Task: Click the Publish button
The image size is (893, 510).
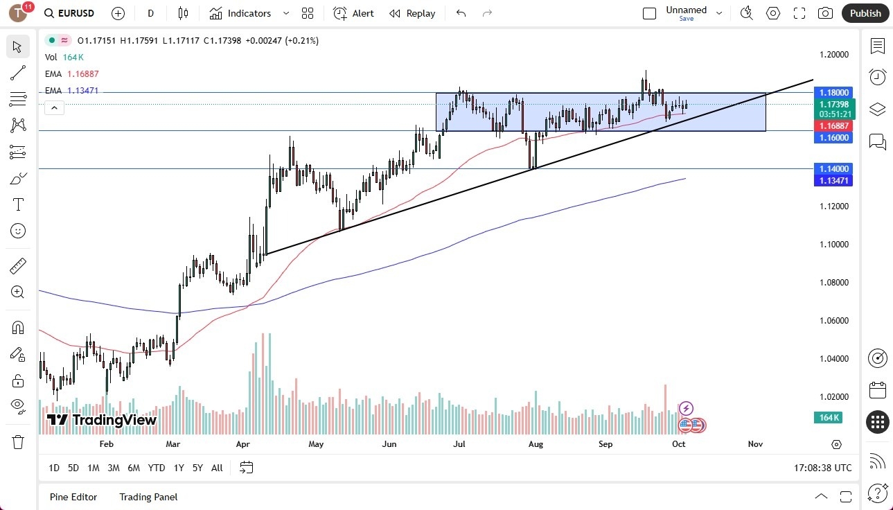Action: (865, 13)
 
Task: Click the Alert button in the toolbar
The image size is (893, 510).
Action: (353, 13)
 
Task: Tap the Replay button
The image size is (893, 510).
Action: (412, 13)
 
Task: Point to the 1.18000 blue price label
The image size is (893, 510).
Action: (834, 92)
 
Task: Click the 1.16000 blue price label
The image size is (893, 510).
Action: (834, 138)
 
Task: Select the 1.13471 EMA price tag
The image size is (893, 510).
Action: (834, 181)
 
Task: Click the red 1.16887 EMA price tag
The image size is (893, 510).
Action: (834, 126)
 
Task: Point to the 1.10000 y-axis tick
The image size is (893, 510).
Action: (834, 245)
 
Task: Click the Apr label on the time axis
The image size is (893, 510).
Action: (242, 444)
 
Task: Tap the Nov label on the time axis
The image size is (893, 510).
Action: (755, 444)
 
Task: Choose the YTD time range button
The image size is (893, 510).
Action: (157, 468)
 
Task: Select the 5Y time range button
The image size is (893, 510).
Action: (197, 468)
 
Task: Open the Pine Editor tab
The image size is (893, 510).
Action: (73, 497)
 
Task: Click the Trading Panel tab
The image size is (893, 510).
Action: (148, 497)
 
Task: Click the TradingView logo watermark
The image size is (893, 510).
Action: (102, 420)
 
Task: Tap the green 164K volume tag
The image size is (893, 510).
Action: (827, 417)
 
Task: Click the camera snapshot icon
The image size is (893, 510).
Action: (825, 13)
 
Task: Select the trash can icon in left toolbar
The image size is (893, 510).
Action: (18, 442)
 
